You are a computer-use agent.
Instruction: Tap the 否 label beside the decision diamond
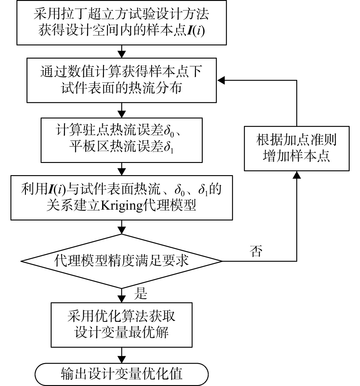click(256, 251)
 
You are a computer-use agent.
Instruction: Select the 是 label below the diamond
click(141, 294)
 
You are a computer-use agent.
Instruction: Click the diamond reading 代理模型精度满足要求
click(122, 261)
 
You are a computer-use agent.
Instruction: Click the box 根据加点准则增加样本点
click(297, 149)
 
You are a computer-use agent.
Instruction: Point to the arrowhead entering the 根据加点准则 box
click(297, 175)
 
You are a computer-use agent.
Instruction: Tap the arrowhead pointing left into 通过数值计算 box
click(221, 80)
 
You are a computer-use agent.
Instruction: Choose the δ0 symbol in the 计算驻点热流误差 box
click(169, 130)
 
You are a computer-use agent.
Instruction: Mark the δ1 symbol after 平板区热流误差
click(168, 147)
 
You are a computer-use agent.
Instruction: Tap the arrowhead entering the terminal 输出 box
click(122, 359)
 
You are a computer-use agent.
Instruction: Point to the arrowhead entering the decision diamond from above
click(122, 230)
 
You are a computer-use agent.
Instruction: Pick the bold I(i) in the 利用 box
click(57, 189)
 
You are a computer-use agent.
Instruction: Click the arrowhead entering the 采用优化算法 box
click(122, 299)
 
